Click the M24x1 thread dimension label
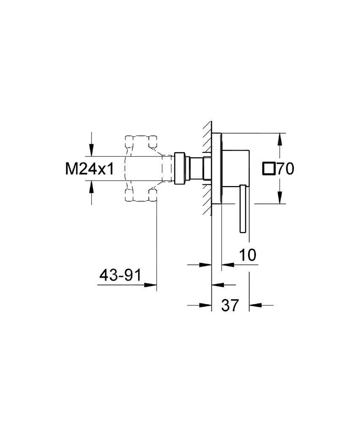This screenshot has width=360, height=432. point(89,169)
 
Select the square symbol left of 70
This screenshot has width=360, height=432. point(268,169)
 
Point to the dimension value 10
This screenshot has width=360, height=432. point(248,255)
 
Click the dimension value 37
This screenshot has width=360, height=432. point(230,305)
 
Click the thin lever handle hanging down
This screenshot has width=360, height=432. point(243,209)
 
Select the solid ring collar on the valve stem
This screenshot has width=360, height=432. point(180,168)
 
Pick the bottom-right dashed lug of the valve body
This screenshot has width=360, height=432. point(152,194)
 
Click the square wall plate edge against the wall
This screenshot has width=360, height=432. point(216,169)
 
